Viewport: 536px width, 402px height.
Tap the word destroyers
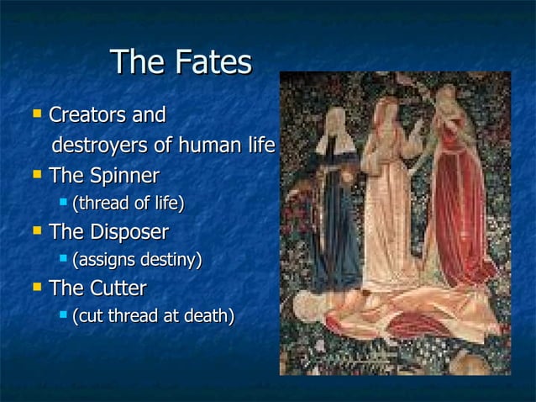pos(99,146)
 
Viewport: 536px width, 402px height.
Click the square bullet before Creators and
pos(34,114)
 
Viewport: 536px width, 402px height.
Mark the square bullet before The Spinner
pos(34,176)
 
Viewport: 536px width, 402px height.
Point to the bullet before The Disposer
pos(34,230)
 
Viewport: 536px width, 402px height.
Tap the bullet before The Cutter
pos(34,288)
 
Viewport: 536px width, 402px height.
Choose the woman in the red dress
pos(458,202)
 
